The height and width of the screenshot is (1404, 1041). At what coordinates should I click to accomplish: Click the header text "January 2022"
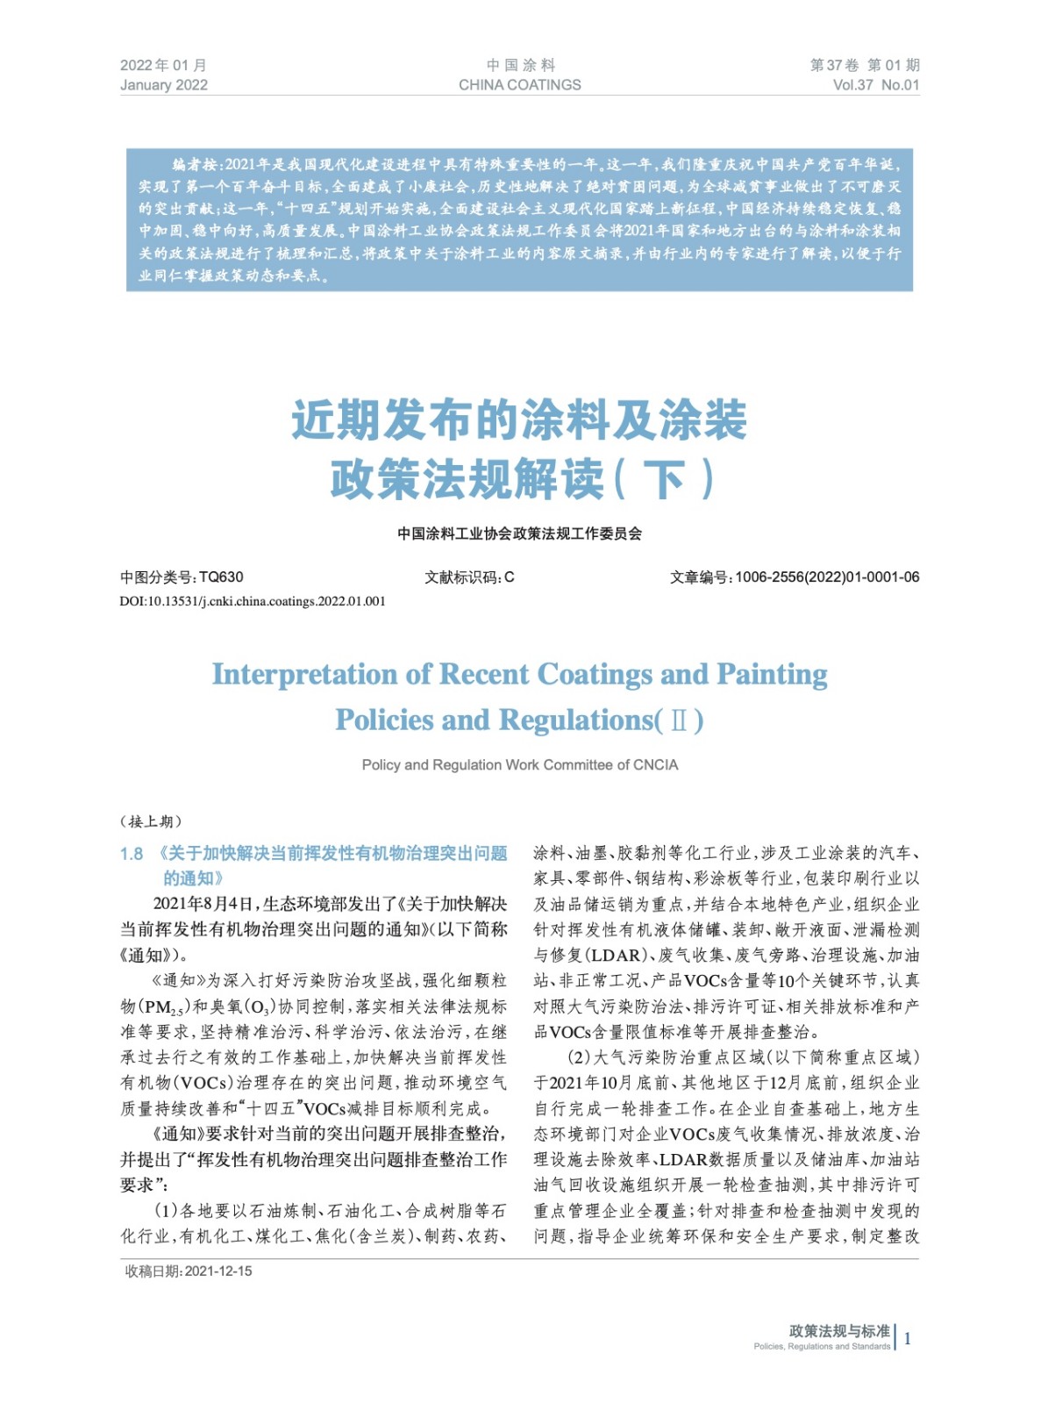click(x=164, y=85)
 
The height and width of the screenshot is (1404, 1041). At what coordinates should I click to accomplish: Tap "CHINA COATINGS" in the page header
click(x=519, y=85)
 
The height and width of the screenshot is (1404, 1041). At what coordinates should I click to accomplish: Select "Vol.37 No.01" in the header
click(x=875, y=85)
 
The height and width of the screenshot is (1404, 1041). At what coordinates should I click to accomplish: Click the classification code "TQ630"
click(x=221, y=577)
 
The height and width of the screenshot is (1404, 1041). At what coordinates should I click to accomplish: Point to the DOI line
click(x=253, y=601)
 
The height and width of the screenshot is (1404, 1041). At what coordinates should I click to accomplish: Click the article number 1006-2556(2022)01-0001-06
click(x=827, y=577)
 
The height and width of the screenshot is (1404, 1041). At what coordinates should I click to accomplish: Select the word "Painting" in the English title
click(x=772, y=674)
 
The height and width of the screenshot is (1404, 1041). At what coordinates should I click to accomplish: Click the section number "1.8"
click(x=132, y=854)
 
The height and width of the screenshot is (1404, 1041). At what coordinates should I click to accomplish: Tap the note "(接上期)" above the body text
click(x=151, y=821)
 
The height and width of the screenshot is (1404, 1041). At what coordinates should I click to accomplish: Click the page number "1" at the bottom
click(x=908, y=1338)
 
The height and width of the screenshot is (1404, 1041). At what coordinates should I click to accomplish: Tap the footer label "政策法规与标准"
click(x=839, y=1330)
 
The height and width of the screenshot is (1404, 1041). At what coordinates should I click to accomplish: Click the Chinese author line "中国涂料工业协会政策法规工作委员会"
click(x=519, y=533)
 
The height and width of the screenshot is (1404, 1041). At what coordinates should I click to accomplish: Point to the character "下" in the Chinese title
click(x=663, y=479)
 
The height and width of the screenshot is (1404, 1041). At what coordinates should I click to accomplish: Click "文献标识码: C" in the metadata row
click(x=469, y=577)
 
